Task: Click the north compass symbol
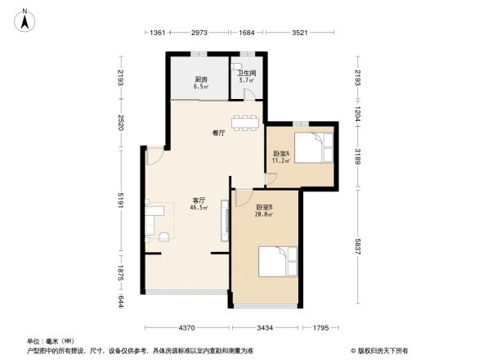[26, 18]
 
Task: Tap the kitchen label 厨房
[199, 79]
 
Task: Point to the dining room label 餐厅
[218, 132]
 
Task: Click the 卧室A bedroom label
[281, 154]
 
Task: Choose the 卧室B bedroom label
[264, 208]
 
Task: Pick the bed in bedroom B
[276, 263]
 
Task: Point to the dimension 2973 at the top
[199, 33]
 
